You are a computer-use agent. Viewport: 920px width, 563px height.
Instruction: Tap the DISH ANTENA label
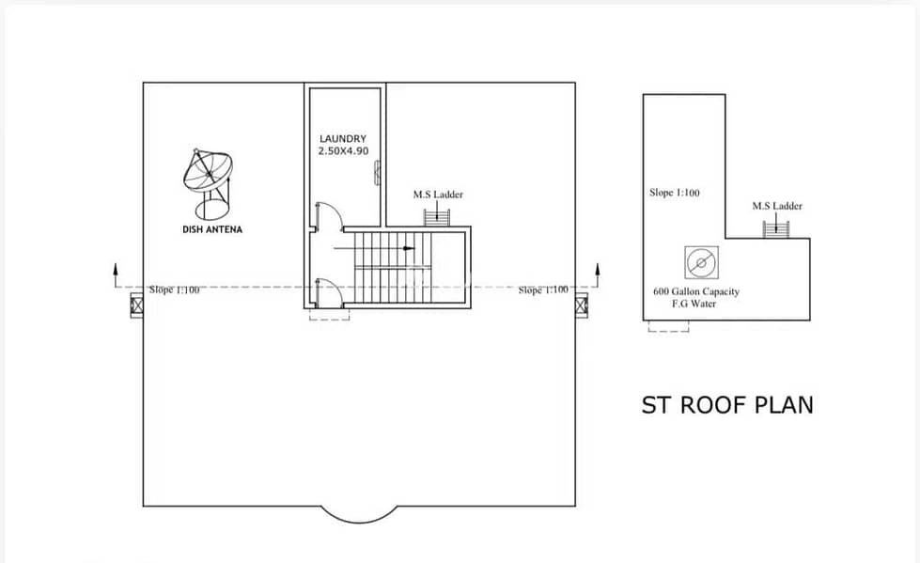(212, 229)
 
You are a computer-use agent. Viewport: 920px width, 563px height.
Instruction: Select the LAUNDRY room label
(343, 138)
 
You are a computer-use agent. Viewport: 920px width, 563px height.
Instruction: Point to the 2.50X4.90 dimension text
(343, 151)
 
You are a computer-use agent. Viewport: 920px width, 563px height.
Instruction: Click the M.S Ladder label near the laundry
(438, 195)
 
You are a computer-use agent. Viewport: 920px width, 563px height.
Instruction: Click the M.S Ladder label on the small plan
(777, 206)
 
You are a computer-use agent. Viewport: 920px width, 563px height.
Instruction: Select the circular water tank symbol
(701, 262)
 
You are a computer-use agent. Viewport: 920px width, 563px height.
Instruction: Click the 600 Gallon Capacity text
(696, 291)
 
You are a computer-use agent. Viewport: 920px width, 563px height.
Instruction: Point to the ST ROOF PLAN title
(727, 405)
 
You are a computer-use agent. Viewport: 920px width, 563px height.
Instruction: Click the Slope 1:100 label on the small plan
(675, 193)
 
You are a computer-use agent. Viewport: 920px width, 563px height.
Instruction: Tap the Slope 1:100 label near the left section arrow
(174, 290)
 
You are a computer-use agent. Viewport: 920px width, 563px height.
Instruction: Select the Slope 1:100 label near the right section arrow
(543, 290)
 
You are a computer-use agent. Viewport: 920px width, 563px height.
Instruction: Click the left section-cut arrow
(116, 275)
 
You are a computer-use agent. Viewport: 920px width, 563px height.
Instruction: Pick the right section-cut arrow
(598, 275)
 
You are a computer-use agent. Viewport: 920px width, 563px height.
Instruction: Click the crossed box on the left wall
(136, 305)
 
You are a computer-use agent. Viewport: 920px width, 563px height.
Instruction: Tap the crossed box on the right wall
(582, 305)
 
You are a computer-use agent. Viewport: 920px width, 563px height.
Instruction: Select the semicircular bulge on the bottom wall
(359, 522)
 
